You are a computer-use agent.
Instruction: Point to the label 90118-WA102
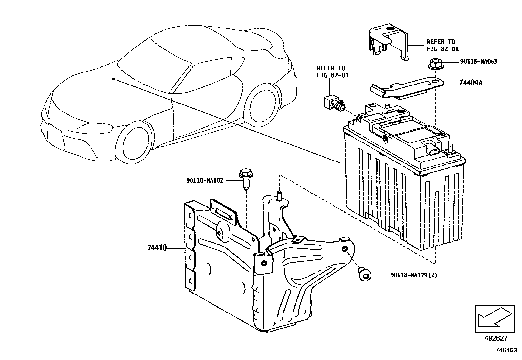[205, 180]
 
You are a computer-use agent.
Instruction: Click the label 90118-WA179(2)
[414, 275]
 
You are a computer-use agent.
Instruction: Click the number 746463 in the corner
[506, 350]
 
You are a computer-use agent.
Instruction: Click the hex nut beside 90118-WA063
[434, 64]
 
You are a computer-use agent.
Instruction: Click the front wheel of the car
[135, 142]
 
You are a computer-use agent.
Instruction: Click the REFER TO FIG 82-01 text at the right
[442, 45]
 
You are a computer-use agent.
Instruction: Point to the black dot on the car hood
[113, 79]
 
